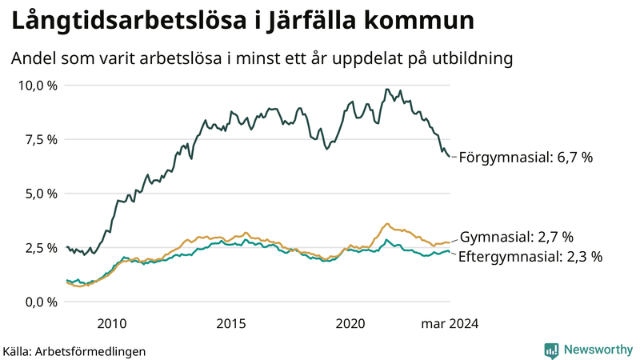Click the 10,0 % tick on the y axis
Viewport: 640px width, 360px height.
point(38,85)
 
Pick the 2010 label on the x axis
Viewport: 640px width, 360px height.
point(111,323)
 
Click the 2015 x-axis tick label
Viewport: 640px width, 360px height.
point(231,323)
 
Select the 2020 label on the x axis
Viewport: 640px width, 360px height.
point(350,323)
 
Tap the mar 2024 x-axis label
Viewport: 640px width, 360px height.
point(449,323)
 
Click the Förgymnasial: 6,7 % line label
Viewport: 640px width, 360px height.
point(526,158)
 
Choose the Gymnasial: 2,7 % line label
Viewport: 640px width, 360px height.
point(517,237)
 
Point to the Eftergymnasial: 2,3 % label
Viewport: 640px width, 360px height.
point(530,257)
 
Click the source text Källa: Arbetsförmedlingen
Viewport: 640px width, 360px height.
point(74,351)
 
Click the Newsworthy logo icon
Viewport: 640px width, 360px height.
point(551,350)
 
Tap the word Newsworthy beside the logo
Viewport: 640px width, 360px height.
point(598,350)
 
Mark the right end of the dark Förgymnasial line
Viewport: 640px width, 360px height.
point(450,157)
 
